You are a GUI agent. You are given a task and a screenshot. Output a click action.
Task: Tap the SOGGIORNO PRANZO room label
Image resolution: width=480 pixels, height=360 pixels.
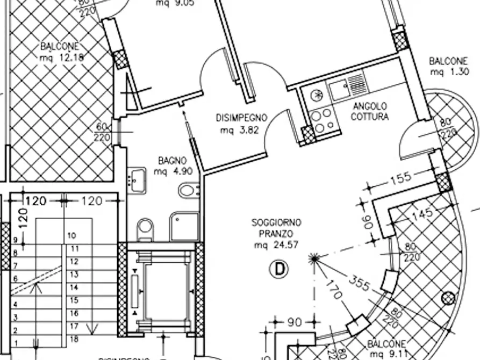point(276,228)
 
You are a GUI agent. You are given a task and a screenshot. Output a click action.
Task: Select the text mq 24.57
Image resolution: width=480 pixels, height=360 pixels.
point(276,246)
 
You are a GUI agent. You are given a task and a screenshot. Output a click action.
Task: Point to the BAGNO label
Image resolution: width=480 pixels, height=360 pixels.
point(172,161)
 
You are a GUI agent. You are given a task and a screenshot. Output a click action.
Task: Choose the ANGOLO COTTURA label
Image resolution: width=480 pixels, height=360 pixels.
point(369,112)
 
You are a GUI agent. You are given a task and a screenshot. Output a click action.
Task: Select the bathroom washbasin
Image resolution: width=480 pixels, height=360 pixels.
point(137,179)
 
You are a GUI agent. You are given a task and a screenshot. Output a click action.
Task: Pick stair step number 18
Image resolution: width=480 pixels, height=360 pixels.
point(74,339)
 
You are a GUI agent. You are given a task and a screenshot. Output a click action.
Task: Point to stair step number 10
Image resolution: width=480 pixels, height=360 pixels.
point(72,236)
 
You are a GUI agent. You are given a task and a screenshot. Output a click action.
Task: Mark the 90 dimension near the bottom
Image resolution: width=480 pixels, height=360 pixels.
point(295,322)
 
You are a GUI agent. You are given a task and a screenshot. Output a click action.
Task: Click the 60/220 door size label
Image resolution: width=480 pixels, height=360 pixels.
point(102,132)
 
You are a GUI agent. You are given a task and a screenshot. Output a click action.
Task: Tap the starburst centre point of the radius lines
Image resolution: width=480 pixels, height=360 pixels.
point(314,258)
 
